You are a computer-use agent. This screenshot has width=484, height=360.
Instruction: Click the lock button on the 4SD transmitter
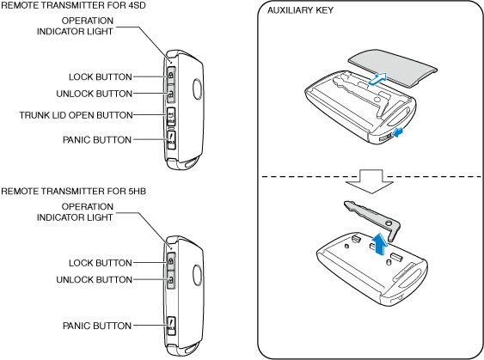click(x=171, y=75)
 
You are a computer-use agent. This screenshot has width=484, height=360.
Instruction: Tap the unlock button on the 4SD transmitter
click(x=171, y=93)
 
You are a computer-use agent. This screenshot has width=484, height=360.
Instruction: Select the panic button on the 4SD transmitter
click(x=171, y=140)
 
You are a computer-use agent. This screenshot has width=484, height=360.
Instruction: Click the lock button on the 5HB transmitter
click(x=171, y=261)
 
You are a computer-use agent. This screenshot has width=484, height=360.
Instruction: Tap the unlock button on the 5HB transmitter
click(x=171, y=280)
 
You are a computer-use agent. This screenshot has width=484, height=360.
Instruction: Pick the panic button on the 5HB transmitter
click(x=171, y=326)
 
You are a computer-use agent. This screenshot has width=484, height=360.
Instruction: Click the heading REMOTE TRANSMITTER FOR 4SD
click(x=73, y=5)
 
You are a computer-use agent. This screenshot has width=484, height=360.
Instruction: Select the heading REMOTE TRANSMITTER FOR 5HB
click(x=73, y=192)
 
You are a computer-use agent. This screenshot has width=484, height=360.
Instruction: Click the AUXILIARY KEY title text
click(x=300, y=10)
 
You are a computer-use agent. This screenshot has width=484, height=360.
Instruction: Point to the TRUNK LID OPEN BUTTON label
click(x=76, y=115)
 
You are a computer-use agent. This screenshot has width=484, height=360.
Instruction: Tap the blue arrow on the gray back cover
click(x=377, y=78)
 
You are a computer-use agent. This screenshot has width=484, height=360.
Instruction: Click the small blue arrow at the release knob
click(x=398, y=133)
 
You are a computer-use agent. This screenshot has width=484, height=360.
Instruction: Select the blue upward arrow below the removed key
click(x=379, y=244)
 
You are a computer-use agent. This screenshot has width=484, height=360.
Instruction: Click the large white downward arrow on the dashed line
click(x=370, y=181)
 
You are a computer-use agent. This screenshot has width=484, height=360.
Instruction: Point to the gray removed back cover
click(x=393, y=69)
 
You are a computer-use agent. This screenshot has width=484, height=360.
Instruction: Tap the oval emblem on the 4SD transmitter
click(x=198, y=89)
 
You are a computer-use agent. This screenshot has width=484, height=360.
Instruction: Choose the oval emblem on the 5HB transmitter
click(x=198, y=275)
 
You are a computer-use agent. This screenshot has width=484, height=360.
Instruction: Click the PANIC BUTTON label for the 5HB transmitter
click(x=97, y=326)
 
